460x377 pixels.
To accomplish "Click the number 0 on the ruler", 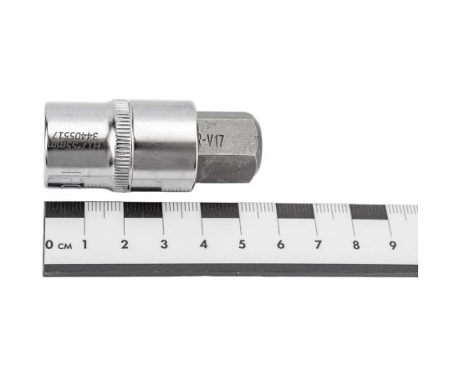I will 50,245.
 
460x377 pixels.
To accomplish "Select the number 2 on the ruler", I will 124,245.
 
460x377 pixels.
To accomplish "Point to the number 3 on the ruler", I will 163,245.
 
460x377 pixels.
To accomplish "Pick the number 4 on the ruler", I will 203,245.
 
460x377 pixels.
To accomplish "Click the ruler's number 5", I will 242,245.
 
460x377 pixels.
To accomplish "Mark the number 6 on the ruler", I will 280,245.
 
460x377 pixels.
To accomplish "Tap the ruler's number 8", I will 355,245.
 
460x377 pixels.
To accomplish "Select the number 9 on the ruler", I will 392,245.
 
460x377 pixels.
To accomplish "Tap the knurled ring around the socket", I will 122,145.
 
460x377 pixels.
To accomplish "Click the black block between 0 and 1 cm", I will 64,209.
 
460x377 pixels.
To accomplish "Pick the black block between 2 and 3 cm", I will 143,209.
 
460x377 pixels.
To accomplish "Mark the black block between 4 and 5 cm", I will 220,209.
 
